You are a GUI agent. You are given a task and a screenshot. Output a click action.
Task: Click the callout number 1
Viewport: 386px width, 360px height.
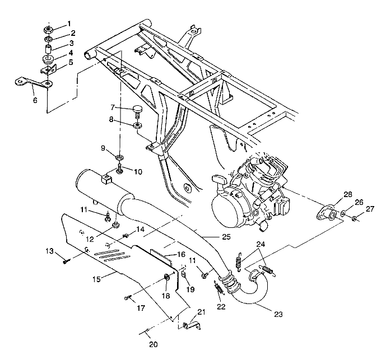[x=69, y=24]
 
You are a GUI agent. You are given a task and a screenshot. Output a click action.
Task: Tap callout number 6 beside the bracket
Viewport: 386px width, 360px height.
[x=35, y=101]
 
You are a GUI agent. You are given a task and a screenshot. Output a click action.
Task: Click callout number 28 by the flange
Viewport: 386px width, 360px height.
[x=348, y=194]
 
